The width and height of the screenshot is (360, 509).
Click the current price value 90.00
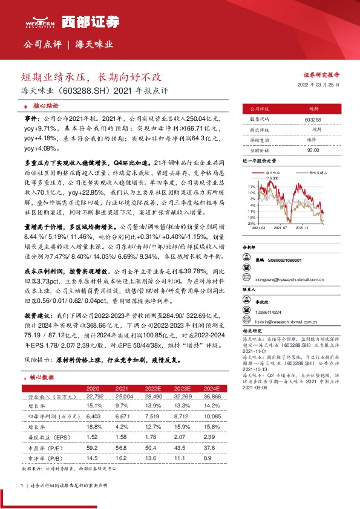tap(313, 149)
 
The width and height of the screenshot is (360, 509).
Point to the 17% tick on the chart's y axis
tap(251, 187)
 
